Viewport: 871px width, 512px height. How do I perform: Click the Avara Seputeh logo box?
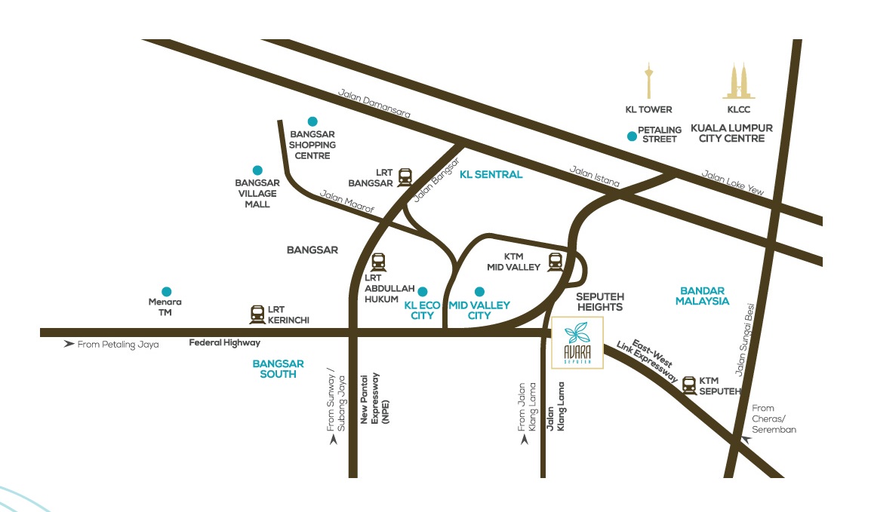(x=577, y=343)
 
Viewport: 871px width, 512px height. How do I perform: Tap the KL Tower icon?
(x=648, y=82)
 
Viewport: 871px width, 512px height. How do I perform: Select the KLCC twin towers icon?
(x=739, y=81)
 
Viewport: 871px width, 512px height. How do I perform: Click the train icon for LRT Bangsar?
(x=405, y=177)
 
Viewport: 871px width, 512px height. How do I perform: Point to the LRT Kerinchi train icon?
(x=257, y=314)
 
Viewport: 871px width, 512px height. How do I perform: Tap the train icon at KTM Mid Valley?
(x=556, y=261)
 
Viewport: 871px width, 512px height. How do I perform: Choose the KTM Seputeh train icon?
(x=689, y=385)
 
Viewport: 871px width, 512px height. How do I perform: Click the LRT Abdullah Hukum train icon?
(x=378, y=262)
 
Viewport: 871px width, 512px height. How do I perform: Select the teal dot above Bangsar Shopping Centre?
(x=312, y=121)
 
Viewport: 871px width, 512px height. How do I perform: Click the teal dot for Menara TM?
(x=166, y=292)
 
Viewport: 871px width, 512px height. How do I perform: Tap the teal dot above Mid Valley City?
(x=479, y=291)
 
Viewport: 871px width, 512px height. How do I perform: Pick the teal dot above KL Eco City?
(x=423, y=291)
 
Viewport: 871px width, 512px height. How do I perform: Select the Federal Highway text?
(x=224, y=343)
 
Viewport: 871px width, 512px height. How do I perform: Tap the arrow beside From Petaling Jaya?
(x=69, y=344)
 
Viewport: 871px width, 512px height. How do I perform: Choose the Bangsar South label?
(x=278, y=369)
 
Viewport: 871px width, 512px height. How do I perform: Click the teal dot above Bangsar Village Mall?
(x=257, y=170)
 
